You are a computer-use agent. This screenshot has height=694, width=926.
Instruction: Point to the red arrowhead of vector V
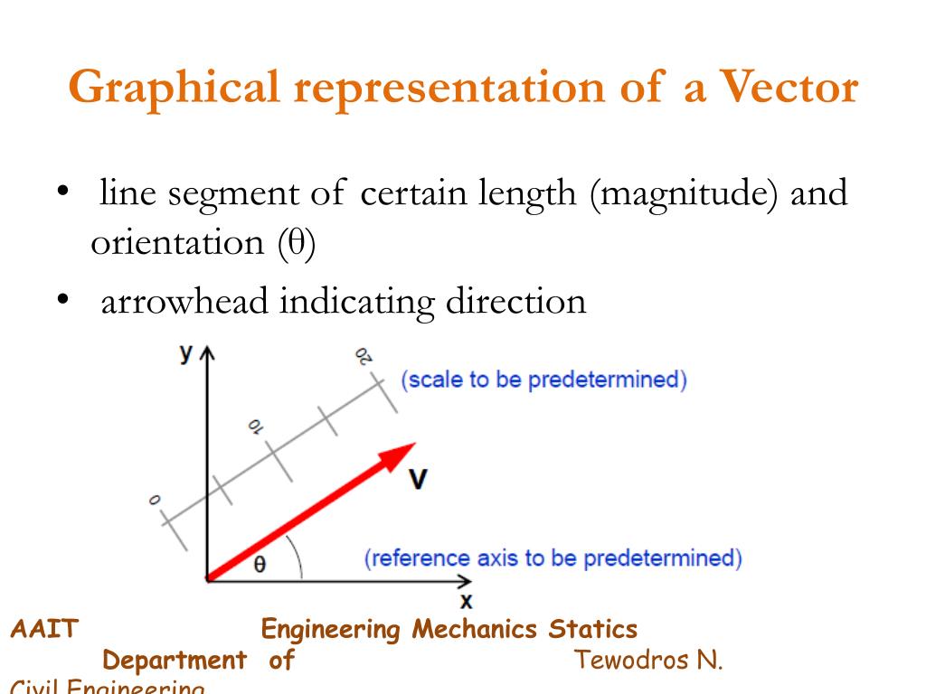[x=397, y=456]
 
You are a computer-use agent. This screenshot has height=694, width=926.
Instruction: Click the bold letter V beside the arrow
[x=418, y=480]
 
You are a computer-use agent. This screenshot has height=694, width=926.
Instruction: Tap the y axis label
[x=185, y=353]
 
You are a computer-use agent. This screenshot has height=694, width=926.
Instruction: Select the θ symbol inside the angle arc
[x=260, y=565]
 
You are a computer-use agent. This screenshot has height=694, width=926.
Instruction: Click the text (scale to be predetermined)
[x=543, y=379]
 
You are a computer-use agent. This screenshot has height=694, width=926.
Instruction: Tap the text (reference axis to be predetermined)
[x=553, y=558]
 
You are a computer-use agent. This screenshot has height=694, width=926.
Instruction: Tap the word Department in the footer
[x=175, y=660]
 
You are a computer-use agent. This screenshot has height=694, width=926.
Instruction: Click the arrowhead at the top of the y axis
[x=207, y=353]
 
